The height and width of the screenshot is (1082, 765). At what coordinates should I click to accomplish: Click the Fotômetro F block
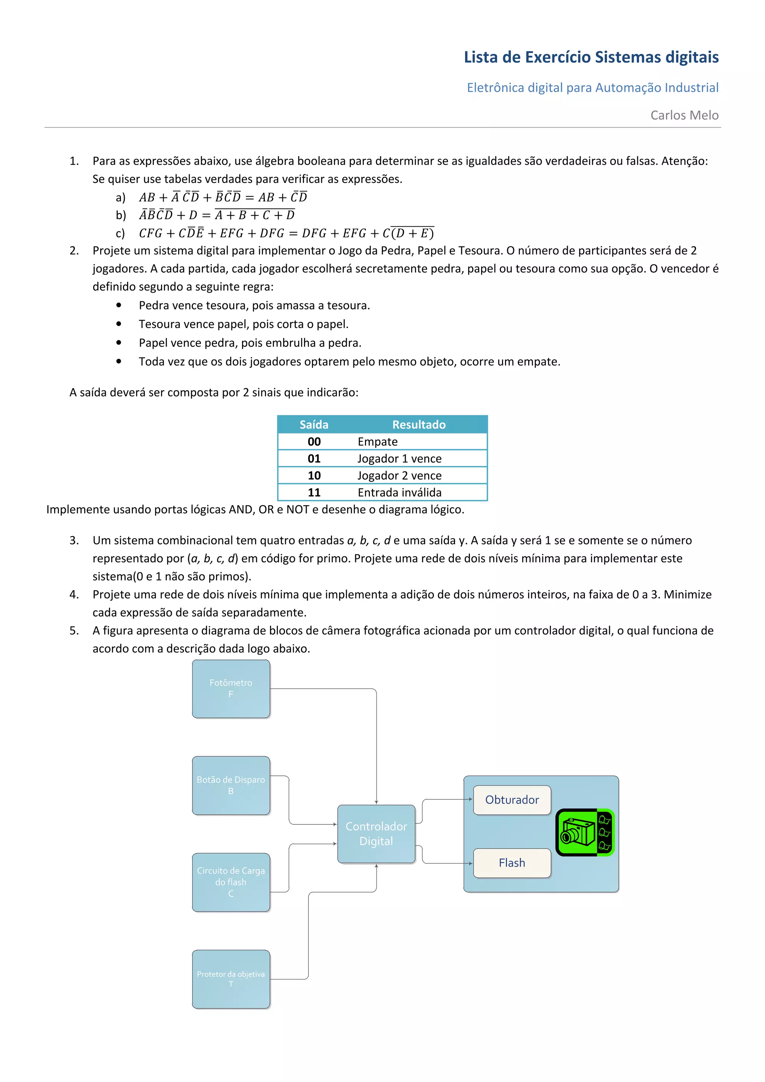click(x=231, y=688)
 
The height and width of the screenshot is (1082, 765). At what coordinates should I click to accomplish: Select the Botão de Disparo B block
click(x=231, y=785)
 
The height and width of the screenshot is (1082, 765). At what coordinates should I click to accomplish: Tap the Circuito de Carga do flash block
click(x=231, y=882)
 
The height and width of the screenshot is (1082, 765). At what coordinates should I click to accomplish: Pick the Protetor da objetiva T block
click(x=231, y=979)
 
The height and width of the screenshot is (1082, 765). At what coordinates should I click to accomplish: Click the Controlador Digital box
click(x=376, y=834)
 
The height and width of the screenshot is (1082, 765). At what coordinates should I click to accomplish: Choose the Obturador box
click(x=512, y=800)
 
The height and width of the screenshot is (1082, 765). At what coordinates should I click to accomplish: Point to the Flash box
click(x=512, y=863)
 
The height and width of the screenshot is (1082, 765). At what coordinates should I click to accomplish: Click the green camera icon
click(x=585, y=832)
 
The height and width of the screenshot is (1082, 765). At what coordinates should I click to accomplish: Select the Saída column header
click(x=314, y=425)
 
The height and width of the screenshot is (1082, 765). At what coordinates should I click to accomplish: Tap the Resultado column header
click(x=419, y=425)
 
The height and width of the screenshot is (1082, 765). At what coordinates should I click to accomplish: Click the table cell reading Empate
click(x=378, y=442)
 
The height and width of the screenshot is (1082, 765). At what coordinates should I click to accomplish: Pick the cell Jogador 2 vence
click(x=399, y=476)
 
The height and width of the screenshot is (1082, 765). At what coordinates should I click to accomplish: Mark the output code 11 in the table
click(x=314, y=492)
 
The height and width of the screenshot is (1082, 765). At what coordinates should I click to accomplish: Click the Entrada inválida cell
click(x=399, y=492)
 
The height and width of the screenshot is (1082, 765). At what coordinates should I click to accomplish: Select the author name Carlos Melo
click(x=684, y=115)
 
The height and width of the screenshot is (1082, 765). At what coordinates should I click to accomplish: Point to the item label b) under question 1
click(x=121, y=215)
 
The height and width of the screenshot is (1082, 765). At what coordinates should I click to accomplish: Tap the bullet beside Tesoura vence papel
click(x=119, y=324)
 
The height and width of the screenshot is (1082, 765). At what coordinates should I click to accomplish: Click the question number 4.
click(x=74, y=594)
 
